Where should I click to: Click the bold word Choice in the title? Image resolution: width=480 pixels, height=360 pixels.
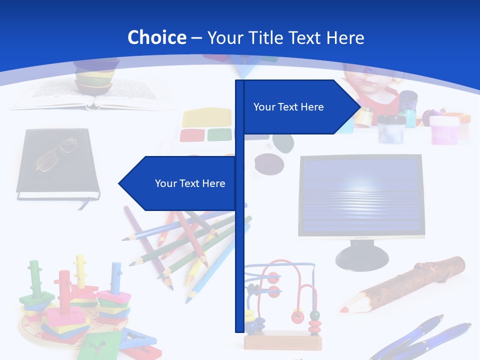pos(156,37)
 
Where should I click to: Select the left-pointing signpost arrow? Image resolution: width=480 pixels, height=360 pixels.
pos(180,183)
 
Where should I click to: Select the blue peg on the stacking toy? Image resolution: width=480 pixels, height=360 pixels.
pos(116,277)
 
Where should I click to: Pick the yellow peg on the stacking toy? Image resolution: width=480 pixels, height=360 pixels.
pos(80,270)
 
